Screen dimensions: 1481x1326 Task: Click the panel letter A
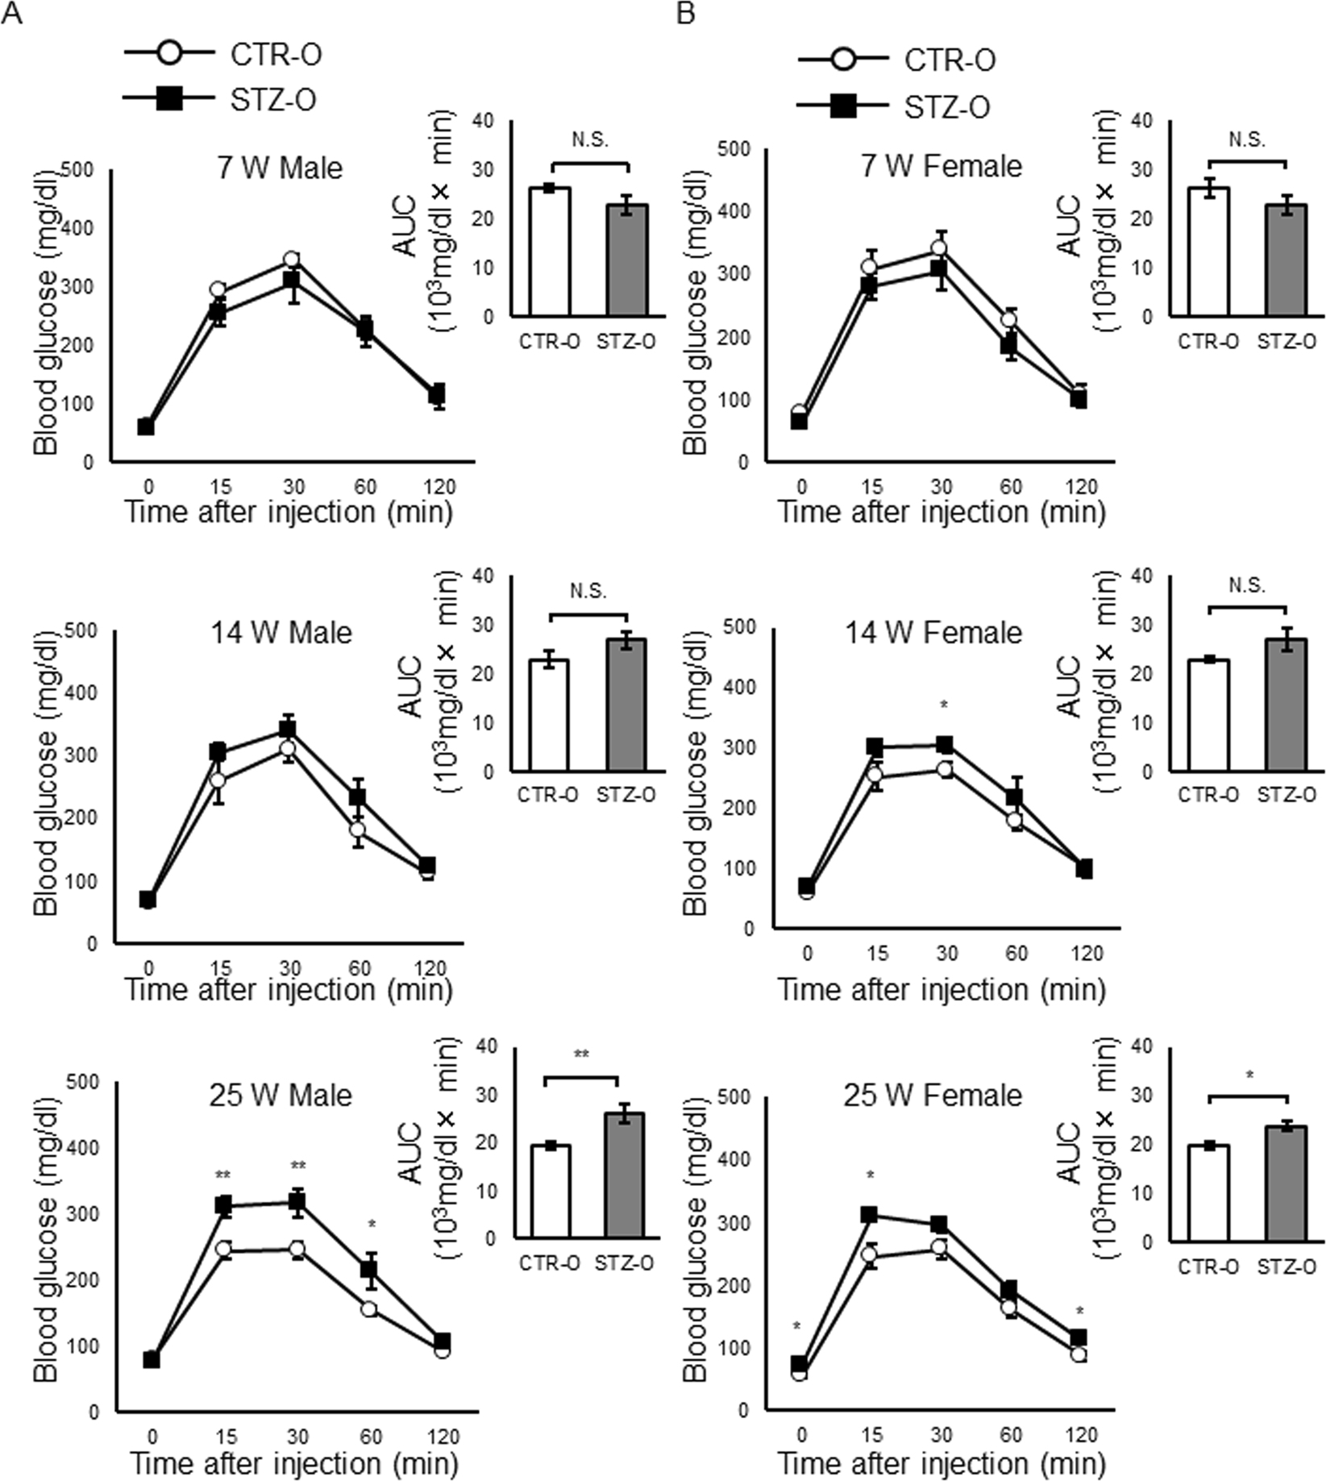11,14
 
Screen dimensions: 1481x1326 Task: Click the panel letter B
686,14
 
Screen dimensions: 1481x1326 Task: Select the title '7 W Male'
280,168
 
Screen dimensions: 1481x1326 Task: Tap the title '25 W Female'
933,1095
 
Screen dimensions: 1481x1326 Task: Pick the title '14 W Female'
933,633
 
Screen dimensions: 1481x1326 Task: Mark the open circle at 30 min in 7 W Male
291,260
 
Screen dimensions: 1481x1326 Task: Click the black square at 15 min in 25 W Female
869,1214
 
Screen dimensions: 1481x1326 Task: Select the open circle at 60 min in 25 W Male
369,1308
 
